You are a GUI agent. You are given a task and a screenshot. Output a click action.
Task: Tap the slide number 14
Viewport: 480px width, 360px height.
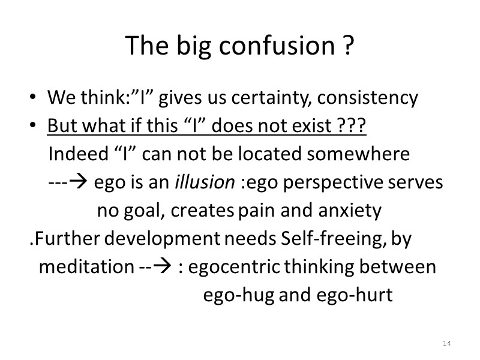pos(446,343)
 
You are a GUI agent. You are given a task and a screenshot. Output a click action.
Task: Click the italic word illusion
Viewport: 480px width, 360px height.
pos(205,182)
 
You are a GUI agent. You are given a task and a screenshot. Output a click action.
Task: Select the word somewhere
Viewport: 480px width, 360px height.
pos(358,154)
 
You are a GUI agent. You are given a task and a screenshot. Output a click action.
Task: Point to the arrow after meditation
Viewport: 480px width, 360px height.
pos(163,267)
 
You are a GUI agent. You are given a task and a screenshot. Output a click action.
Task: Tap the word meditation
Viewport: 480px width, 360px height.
pos(83,267)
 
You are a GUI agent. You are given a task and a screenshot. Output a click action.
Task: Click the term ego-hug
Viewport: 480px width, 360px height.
pos(239,295)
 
